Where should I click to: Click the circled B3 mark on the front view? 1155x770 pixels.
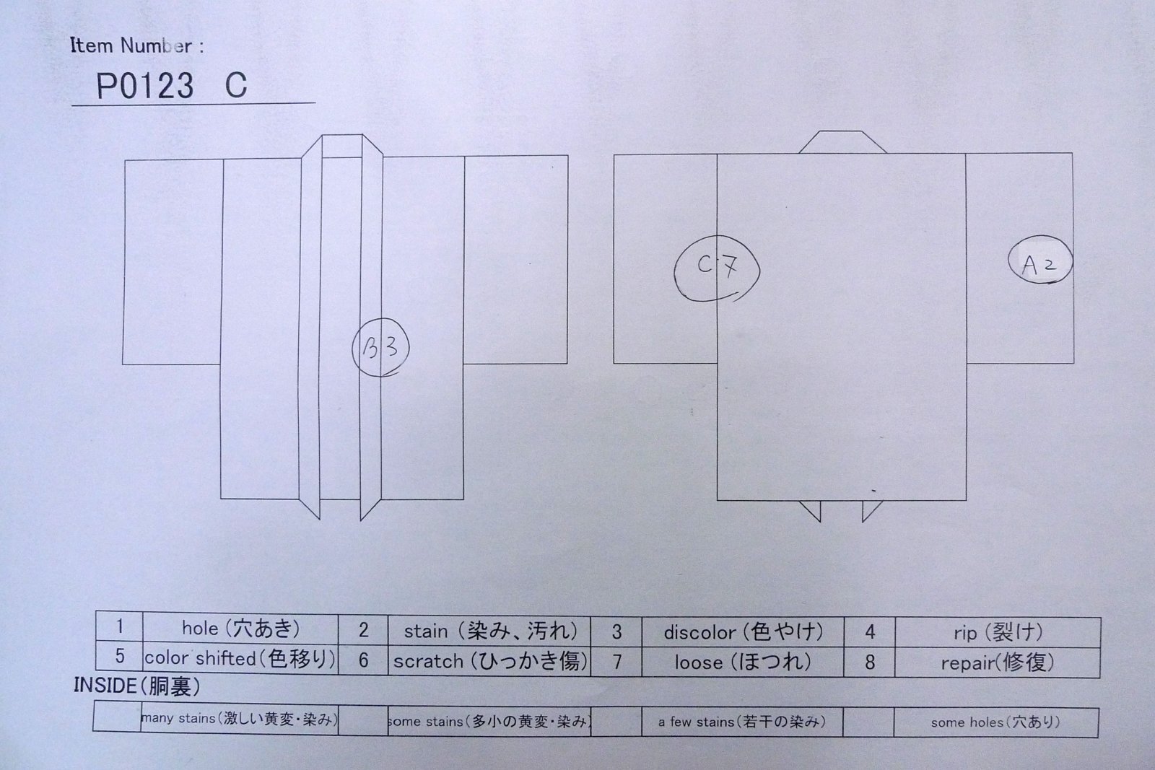point(380,347)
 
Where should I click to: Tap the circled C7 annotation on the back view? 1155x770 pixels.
point(717,268)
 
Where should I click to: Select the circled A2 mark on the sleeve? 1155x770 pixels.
point(1040,259)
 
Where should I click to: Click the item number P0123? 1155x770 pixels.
point(145,86)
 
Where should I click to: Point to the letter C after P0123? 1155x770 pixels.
point(236,85)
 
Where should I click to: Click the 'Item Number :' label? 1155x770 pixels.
point(136,45)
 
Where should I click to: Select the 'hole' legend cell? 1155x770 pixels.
point(240,628)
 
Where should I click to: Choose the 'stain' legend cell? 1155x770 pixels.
point(489,631)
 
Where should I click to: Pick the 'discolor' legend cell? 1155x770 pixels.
point(743,632)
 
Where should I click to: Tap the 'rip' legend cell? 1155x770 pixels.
point(998,632)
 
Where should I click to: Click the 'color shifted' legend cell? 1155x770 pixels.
point(240,658)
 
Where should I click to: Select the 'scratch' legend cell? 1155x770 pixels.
point(489,661)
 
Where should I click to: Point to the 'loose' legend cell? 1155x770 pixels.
point(743,662)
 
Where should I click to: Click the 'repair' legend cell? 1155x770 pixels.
point(998,662)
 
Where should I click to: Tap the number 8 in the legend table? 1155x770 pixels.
point(869,662)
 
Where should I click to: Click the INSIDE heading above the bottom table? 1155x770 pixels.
point(136,686)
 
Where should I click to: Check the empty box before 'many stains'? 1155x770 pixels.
point(117,716)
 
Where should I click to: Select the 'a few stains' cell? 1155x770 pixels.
point(743,722)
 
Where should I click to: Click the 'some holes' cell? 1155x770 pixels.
point(995,722)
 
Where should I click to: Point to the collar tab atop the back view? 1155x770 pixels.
point(842,142)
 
